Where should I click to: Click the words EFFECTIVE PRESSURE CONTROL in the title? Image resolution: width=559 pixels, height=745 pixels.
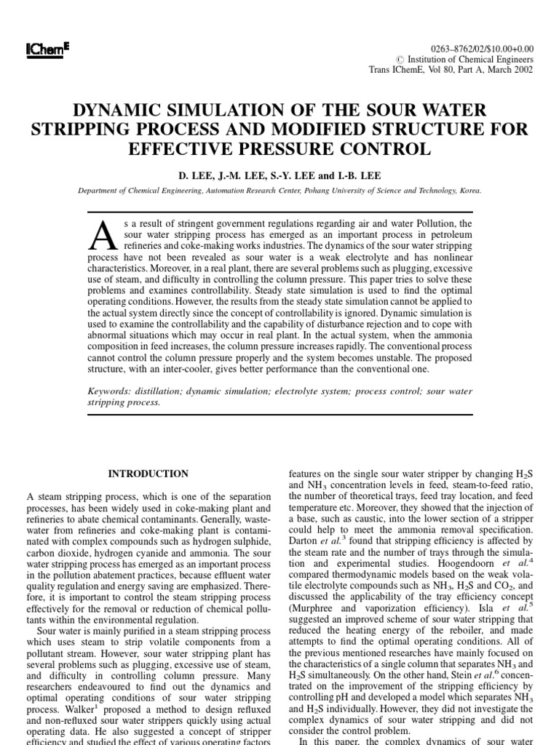click(279, 149)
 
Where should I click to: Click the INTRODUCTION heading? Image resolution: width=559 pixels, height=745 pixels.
click(148, 474)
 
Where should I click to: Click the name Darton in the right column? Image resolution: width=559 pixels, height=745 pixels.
click(306, 541)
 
